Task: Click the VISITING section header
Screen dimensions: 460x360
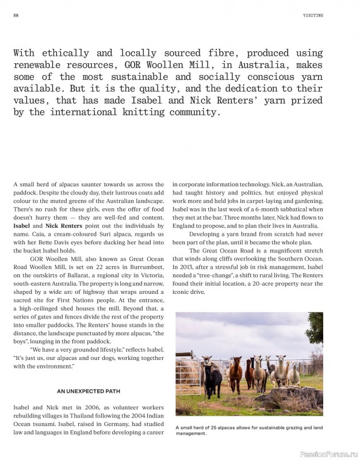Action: click(x=313, y=16)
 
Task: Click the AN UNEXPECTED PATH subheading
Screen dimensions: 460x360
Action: click(x=88, y=391)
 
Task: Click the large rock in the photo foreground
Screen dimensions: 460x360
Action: click(x=293, y=397)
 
